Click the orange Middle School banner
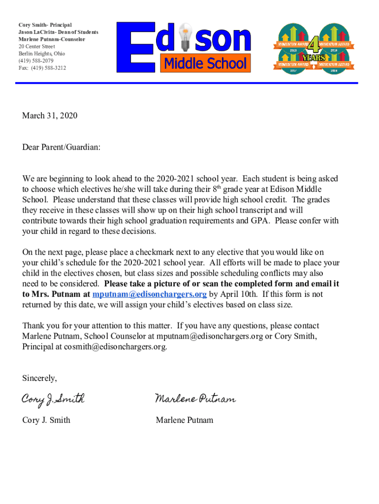205,63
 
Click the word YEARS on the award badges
313,58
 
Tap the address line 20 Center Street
37,46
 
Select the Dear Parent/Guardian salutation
61,147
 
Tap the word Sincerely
39,378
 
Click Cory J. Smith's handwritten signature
53,399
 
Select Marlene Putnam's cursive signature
195,399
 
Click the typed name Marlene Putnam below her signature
185,420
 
